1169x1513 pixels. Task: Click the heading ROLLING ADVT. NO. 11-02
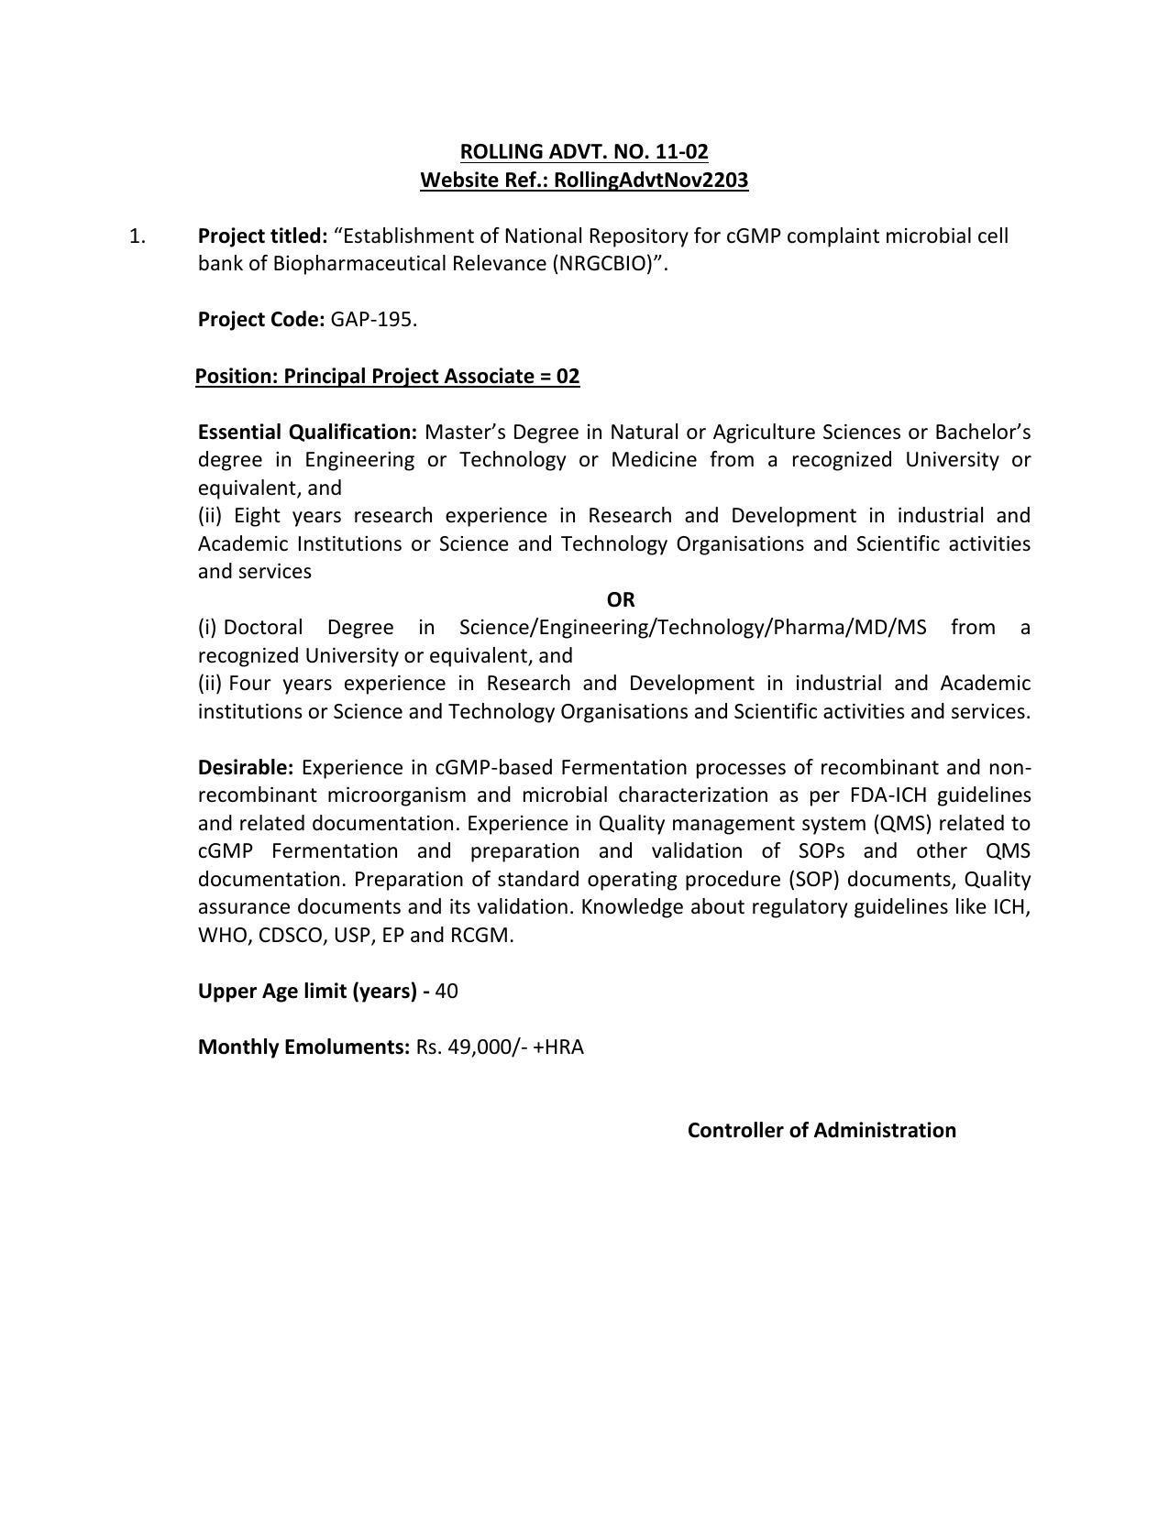pyautogui.click(x=584, y=151)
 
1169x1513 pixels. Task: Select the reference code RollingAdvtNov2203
pyautogui.click(x=651, y=180)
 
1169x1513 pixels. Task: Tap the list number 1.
pyautogui.click(x=138, y=236)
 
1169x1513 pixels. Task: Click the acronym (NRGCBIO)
pyautogui.click(x=606, y=264)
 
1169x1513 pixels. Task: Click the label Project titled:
pyautogui.click(x=262, y=236)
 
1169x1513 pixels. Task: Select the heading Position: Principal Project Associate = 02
pyautogui.click(x=388, y=377)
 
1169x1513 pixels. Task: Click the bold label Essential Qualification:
pyautogui.click(x=307, y=432)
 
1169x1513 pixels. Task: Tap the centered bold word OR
pyautogui.click(x=621, y=599)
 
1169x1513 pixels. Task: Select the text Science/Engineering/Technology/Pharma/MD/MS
pyautogui.click(x=692, y=628)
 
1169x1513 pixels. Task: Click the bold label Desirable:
pyautogui.click(x=246, y=768)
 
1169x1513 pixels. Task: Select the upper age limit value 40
pyautogui.click(x=447, y=992)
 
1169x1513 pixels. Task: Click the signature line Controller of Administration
pyautogui.click(x=822, y=1131)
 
